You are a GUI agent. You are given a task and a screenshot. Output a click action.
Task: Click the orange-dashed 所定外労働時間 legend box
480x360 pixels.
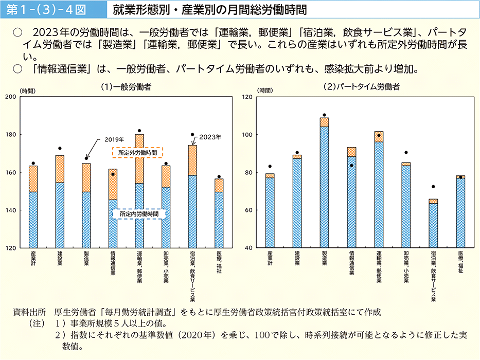click(137, 152)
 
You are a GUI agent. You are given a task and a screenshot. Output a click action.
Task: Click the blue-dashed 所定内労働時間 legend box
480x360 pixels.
click(138, 213)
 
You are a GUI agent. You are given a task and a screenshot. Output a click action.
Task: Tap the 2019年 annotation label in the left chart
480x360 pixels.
click(115, 139)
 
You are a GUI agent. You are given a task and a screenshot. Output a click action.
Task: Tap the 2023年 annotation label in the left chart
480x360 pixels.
click(211, 137)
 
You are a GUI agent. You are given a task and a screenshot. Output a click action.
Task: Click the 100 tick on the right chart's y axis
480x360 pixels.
click(247, 135)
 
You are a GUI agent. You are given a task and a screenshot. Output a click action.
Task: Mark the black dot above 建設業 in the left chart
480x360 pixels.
click(60, 149)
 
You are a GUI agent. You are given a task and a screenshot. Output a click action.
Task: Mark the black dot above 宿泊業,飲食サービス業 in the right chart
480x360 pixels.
click(433, 187)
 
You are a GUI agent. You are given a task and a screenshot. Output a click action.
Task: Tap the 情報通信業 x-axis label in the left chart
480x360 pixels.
click(113, 263)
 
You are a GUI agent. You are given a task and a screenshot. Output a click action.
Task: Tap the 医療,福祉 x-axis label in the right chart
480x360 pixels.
click(460, 262)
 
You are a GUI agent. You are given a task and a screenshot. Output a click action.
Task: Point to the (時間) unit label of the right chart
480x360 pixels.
click(265, 91)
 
